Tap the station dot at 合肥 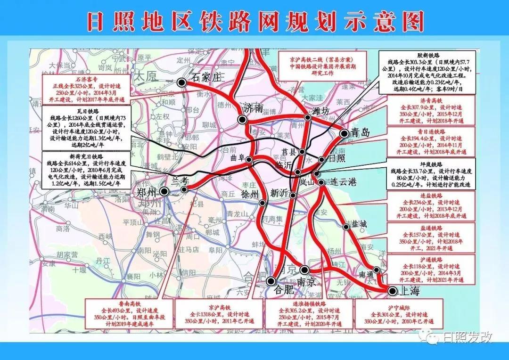point(271,281)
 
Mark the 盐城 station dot point(346,227)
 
